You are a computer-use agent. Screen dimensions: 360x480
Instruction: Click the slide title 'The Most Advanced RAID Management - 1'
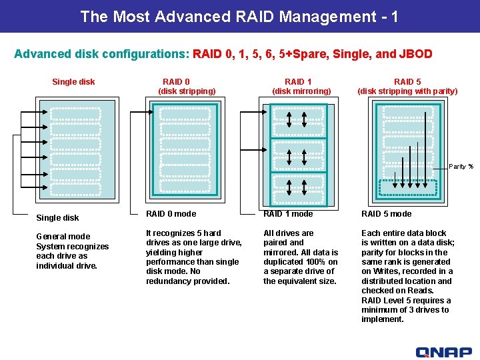click(x=239, y=16)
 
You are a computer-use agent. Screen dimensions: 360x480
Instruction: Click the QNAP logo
click(x=443, y=352)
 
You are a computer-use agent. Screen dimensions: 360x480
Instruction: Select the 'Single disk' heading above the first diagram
click(x=73, y=82)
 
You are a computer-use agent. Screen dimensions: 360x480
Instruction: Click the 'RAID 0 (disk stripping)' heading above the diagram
click(x=186, y=86)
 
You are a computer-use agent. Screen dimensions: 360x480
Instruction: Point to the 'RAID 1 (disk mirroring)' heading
click(x=301, y=86)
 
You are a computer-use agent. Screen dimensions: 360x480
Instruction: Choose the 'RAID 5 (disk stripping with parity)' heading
click(x=407, y=86)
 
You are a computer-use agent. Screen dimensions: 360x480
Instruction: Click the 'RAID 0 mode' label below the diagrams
click(x=171, y=214)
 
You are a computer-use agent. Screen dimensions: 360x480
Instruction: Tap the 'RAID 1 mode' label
click(x=288, y=214)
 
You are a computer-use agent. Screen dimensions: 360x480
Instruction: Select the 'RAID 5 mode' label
click(x=387, y=214)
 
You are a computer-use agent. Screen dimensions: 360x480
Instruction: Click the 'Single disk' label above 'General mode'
click(x=57, y=218)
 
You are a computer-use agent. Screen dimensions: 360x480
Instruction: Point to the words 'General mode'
click(x=63, y=237)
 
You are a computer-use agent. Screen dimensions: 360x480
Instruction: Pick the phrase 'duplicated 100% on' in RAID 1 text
click(x=301, y=262)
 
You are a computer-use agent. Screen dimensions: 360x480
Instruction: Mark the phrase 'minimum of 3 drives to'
click(x=405, y=309)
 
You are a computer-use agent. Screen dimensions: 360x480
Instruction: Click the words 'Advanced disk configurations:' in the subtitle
click(x=102, y=54)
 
